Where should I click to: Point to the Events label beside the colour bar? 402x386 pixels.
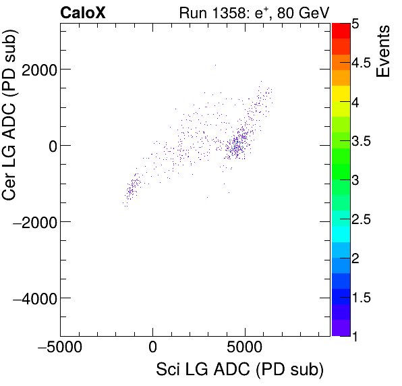(383, 52)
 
